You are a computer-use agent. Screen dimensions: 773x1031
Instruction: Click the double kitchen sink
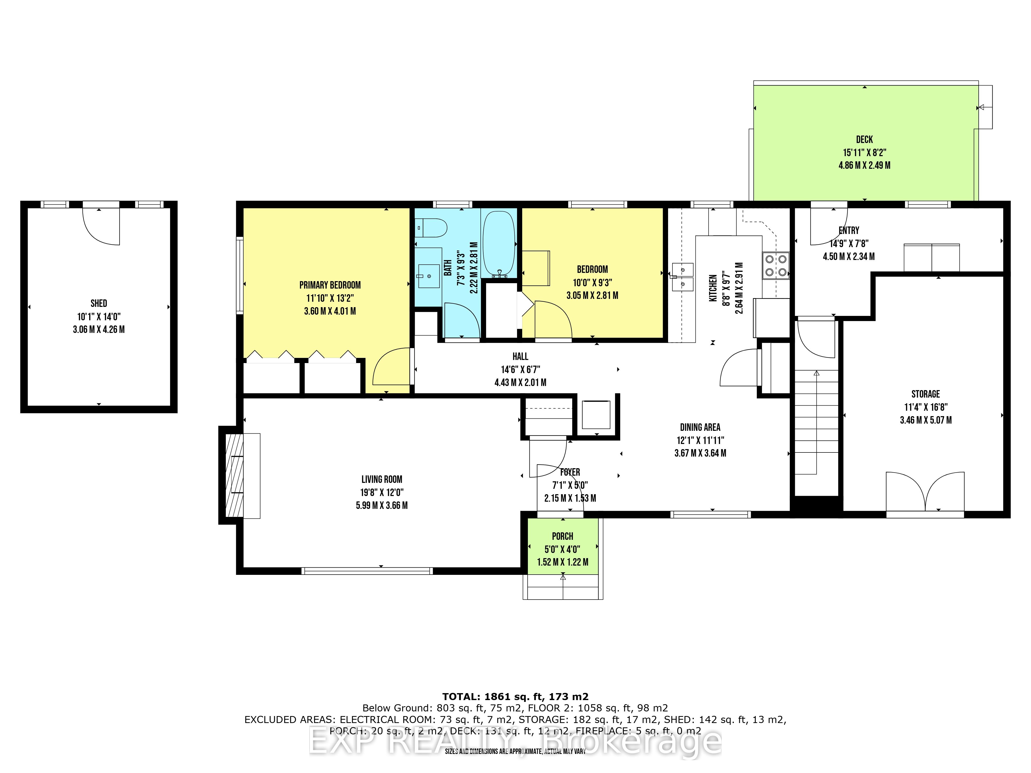(x=683, y=277)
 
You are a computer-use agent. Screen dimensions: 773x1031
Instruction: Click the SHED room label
(x=99, y=303)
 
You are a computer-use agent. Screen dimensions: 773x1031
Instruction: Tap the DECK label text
(x=864, y=139)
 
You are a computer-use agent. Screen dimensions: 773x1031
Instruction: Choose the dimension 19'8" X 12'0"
(x=382, y=492)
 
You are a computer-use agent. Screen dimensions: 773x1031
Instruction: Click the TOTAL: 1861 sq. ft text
(x=515, y=696)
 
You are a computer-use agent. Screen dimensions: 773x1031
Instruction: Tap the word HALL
(x=520, y=356)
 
